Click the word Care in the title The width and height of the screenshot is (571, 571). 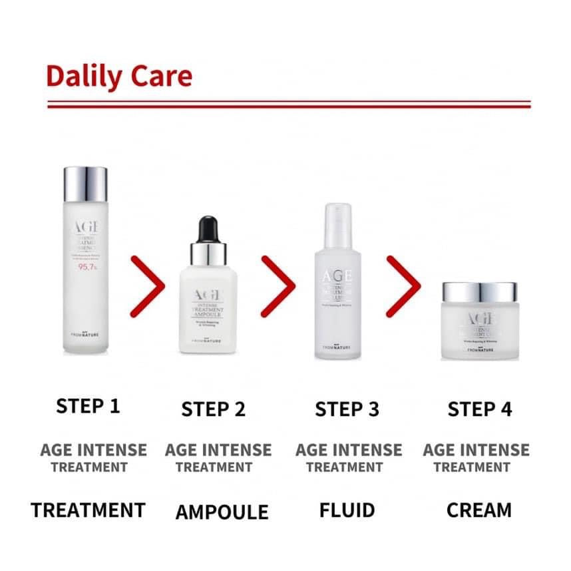(162, 77)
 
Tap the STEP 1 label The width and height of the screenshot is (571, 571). (89, 407)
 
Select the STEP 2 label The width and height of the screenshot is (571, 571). (214, 409)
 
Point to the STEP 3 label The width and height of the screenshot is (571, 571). (347, 409)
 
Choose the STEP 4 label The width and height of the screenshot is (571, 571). (480, 409)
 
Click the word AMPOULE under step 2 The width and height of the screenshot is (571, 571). (222, 512)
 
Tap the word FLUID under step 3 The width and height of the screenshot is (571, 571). (347, 510)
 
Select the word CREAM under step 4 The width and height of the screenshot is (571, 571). (479, 510)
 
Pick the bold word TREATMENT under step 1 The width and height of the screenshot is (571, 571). (88, 510)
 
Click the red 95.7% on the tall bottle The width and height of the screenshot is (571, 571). (87, 268)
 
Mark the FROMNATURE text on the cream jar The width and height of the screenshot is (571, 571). (479, 349)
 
